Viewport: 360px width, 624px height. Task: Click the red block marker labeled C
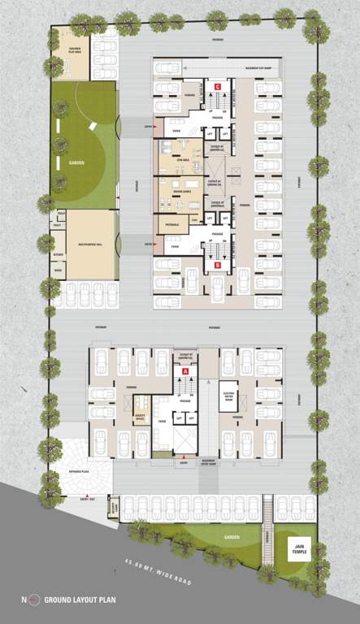point(218,87)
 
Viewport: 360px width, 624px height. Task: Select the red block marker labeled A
point(186,370)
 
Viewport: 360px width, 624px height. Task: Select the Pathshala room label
point(172,223)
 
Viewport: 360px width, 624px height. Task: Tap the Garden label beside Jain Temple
point(225,537)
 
